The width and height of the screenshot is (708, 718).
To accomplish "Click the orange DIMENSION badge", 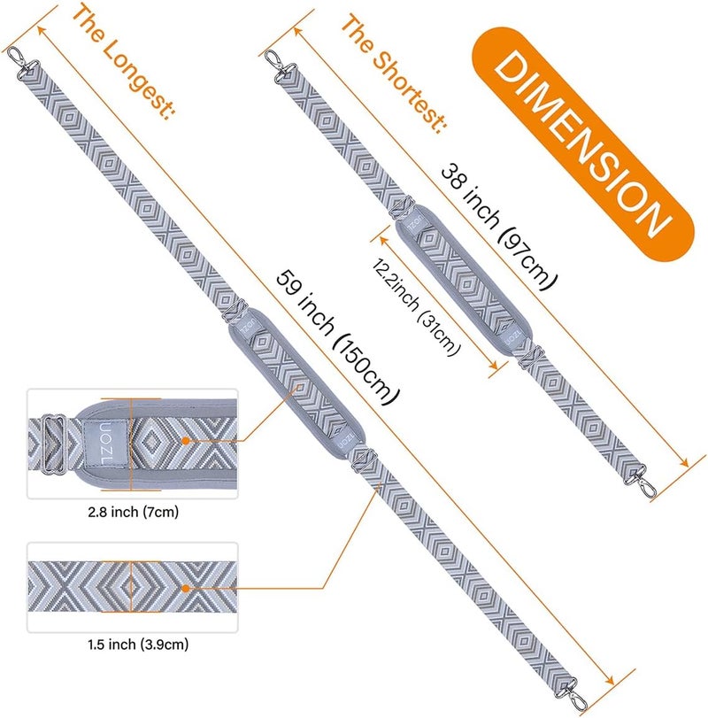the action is click(582, 145).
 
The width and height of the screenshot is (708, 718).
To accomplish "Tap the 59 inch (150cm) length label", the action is click(338, 337).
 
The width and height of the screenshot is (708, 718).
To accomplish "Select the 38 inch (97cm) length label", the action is click(499, 228).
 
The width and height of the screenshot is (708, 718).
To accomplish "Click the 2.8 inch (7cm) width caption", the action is click(133, 512).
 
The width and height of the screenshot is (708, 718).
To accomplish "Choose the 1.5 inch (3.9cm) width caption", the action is click(138, 645).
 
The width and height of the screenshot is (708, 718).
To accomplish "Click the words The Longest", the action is click(123, 61).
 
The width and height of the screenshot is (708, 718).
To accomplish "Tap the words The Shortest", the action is click(393, 73).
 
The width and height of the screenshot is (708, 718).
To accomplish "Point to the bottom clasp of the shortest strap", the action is click(641, 482).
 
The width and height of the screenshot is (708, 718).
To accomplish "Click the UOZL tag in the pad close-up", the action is click(104, 444).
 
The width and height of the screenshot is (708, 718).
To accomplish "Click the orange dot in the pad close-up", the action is click(185, 441).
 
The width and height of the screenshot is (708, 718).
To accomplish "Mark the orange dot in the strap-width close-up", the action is click(185, 589).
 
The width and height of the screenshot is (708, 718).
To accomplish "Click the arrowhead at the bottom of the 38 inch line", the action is click(683, 462).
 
